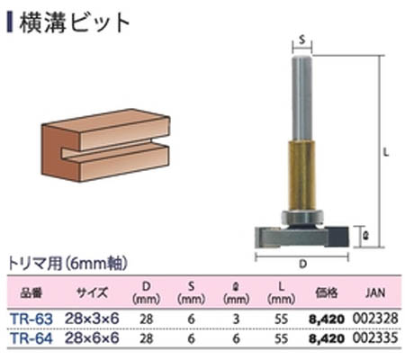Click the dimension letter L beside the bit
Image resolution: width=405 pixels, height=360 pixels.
tap(384, 153)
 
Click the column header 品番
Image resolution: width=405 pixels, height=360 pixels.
tap(31, 292)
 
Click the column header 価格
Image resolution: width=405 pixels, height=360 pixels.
tap(325, 292)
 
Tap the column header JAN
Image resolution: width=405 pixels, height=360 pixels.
tap(377, 292)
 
